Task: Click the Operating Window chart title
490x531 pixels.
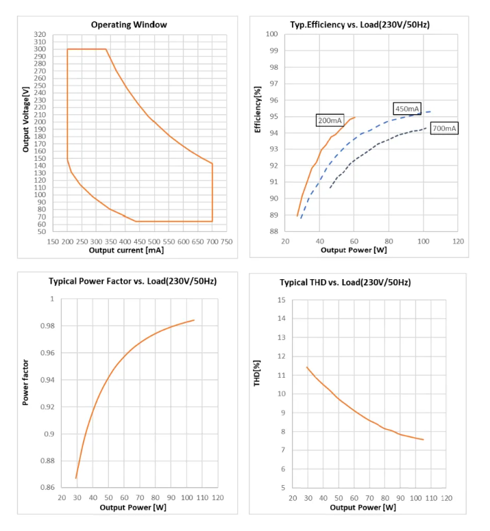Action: (129, 25)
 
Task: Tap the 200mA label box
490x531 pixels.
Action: (330, 120)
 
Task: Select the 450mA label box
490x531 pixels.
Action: (407, 108)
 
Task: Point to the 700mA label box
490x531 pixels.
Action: (445, 129)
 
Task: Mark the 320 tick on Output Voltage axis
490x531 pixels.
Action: (40, 34)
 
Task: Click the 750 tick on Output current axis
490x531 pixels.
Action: (225, 242)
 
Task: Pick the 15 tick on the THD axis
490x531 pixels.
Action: (281, 300)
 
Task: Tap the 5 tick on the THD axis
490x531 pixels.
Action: (283, 488)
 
